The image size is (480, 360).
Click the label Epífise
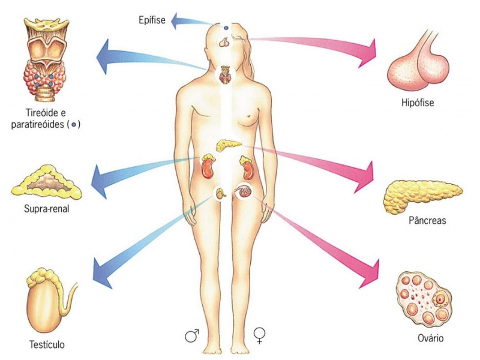tap(152, 20)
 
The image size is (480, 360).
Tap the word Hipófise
tap(418, 102)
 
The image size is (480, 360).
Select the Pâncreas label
tap(427, 220)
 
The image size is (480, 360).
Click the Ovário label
tap(430, 338)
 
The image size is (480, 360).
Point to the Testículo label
tap(47, 344)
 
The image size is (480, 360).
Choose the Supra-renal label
tap(47, 209)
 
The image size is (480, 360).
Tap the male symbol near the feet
tap(192, 335)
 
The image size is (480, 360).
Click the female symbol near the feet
tap(259, 335)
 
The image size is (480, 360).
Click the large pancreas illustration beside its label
tap(422, 196)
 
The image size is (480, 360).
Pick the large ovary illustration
tap(424, 299)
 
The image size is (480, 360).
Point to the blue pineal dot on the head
tap(226, 28)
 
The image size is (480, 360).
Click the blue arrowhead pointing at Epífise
tap(176, 20)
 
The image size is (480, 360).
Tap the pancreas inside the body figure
tap(229, 145)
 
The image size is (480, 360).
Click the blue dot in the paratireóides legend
tap(73, 125)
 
